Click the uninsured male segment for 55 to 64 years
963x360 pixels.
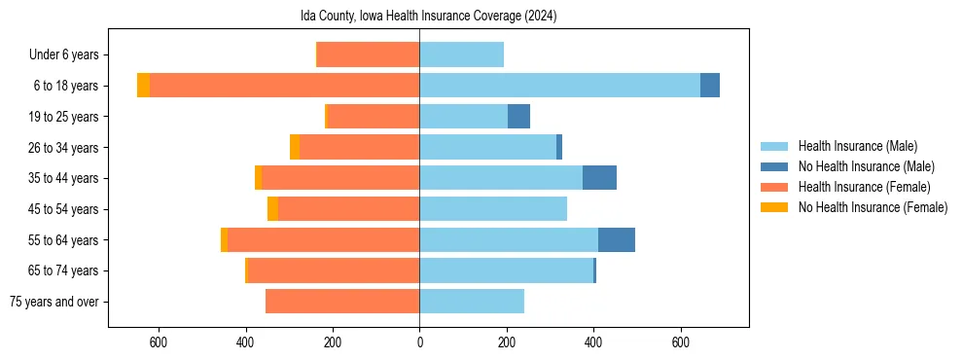[x=617, y=239]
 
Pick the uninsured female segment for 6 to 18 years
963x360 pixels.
[x=143, y=86]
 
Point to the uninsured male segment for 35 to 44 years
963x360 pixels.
[x=599, y=178]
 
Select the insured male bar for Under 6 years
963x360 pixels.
[x=461, y=54]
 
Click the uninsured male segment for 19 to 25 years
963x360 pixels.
[x=518, y=117]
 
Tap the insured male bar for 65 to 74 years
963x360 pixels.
[x=506, y=270]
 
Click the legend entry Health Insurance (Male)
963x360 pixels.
[x=857, y=146]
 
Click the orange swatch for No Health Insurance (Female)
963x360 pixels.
[x=774, y=207]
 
